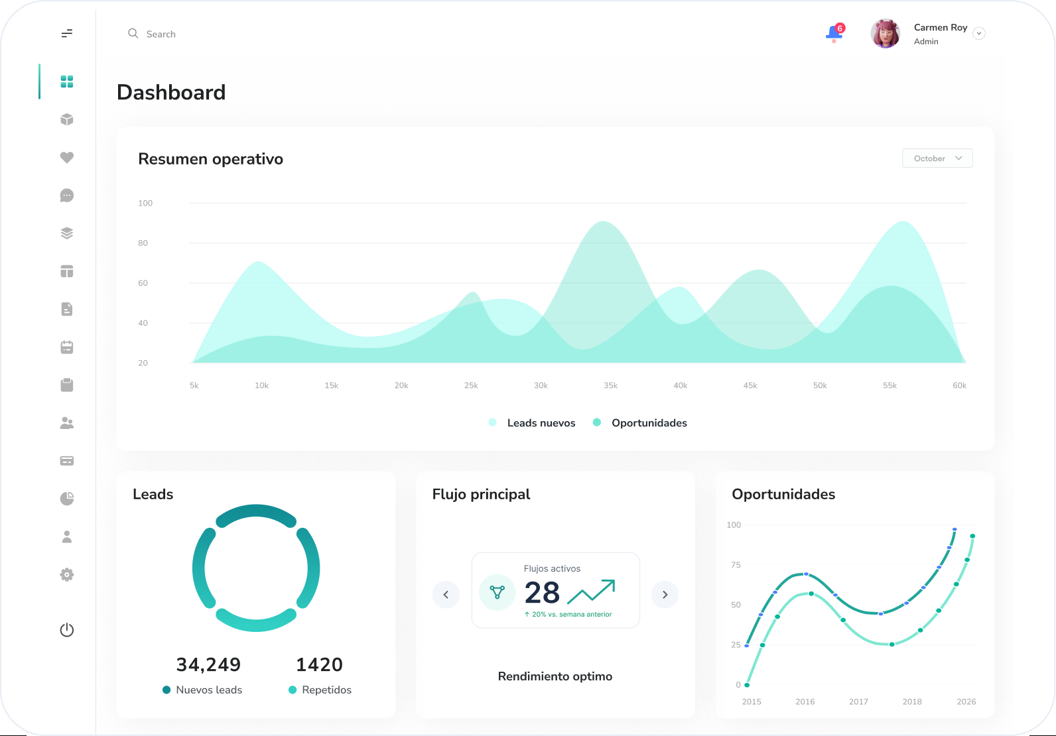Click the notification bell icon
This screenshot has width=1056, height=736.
tap(834, 33)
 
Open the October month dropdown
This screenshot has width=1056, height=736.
tap(937, 158)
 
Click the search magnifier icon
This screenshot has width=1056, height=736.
tap(133, 33)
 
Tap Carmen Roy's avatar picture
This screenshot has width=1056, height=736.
tap(886, 33)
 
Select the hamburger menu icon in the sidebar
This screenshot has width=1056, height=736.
tap(67, 33)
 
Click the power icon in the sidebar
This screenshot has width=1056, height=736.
tap(67, 630)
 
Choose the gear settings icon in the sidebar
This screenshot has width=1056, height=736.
tap(67, 574)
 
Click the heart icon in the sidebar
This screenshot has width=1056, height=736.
tap(67, 157)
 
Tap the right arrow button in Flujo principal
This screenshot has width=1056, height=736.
tap(665, 595)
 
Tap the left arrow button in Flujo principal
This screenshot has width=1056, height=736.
tap(446, 595)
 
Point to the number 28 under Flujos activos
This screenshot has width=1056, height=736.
tap(542, 592)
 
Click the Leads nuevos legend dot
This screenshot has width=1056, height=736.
tap(493, 422)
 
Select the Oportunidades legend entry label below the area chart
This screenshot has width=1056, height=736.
tap(649, 422)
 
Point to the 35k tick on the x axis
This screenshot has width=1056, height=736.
tap(610, 385)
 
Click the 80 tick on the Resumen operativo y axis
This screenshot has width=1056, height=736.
tap(143, 243)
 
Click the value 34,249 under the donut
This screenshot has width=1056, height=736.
tap(208, 664)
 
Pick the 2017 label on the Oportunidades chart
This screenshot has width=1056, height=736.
tap(858, 702)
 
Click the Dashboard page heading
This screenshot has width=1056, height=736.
tap(171, 92)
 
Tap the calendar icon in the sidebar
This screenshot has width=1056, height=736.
tap(67, 347)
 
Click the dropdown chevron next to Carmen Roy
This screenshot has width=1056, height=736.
tap(979, 33)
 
